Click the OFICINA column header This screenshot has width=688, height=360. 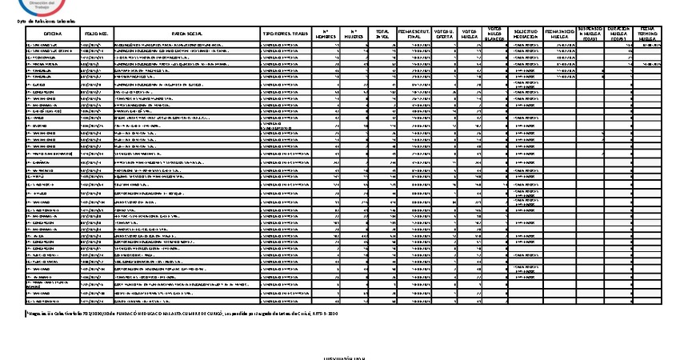click(x=53, y=34)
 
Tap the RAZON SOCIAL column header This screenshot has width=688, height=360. click(x=186, y=34)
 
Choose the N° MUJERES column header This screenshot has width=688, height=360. click(x=356, y=34)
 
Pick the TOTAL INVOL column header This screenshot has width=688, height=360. click(x=383, y=34)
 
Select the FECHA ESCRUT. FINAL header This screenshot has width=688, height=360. click(x=414, y=34)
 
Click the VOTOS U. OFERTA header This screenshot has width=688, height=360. click(x=444, y=34)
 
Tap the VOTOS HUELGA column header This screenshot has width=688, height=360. click(x=470, y=34)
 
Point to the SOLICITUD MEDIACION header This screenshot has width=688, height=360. click(x=526, y=34)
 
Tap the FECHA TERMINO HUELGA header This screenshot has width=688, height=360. click(x=648, y=34)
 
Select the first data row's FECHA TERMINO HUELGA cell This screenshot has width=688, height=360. click(x=648, y=46)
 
